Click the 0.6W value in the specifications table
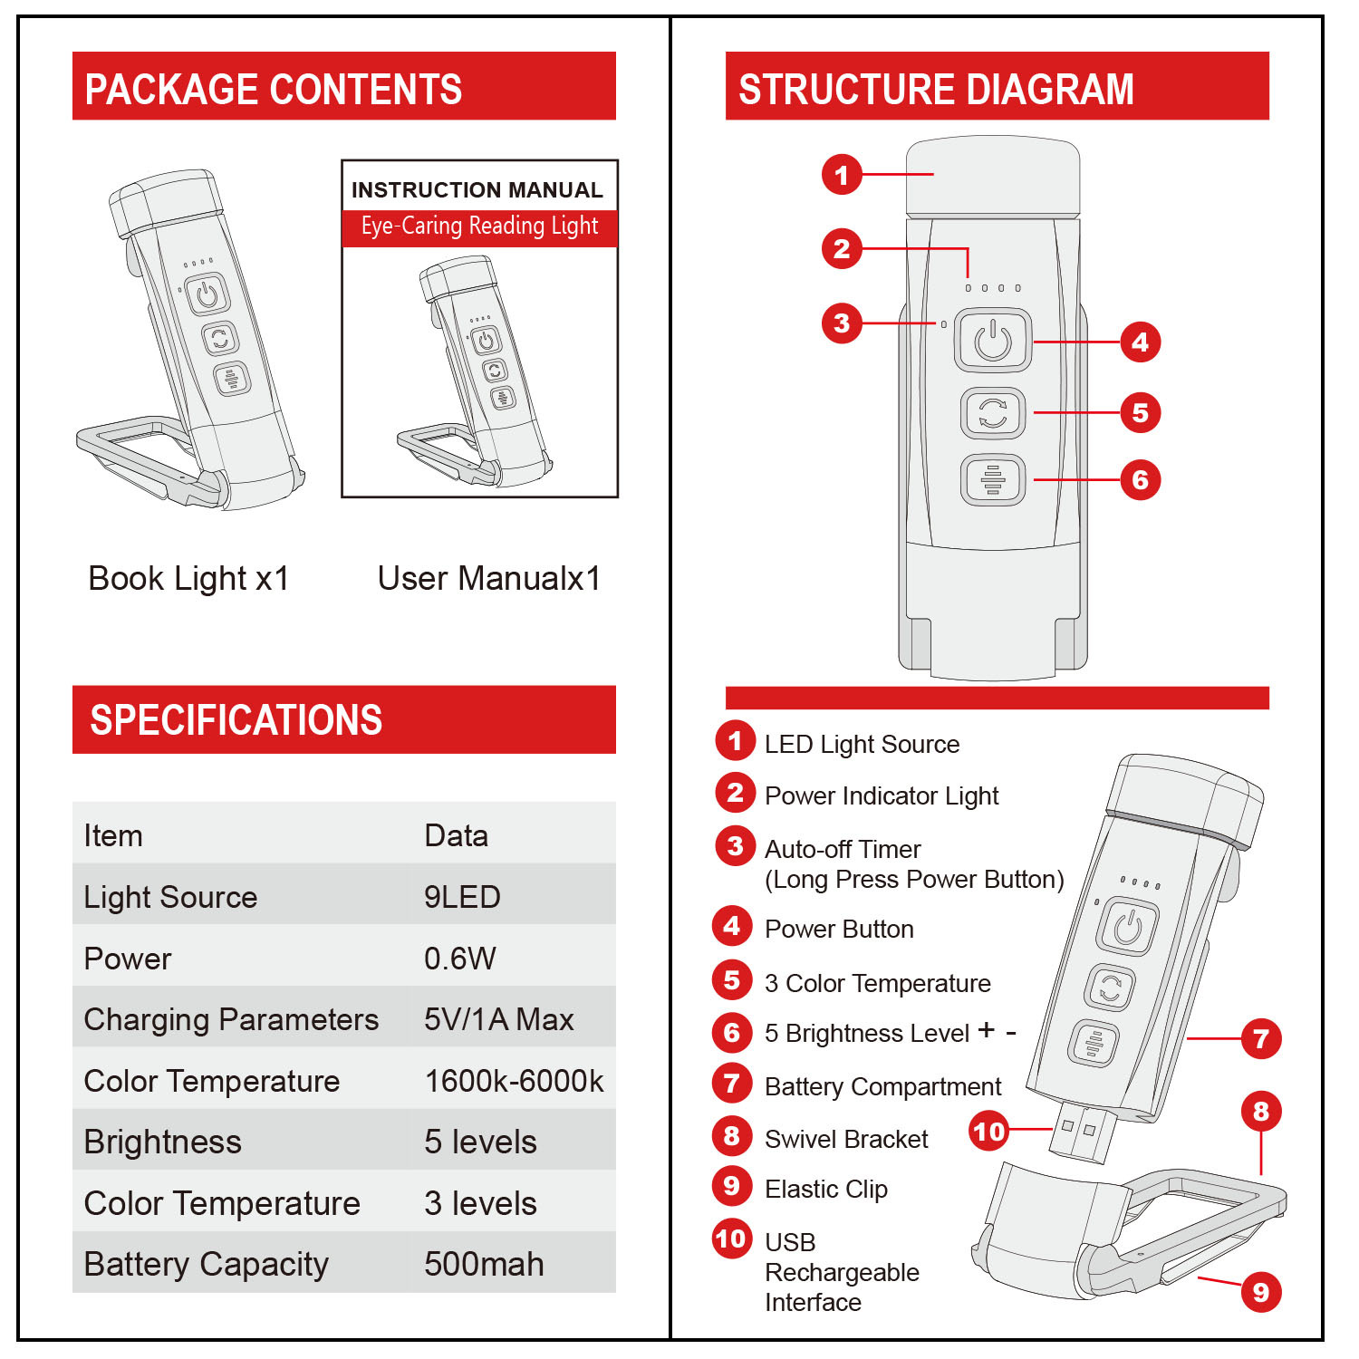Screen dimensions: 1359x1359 point(460,959)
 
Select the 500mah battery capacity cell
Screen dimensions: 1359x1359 point(484,1264)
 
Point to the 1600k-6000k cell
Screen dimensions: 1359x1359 point(514,1081)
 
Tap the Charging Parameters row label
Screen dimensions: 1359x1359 point(231,1019)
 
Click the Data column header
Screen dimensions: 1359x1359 point(456,835)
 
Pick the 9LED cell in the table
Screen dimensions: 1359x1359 point(462,897)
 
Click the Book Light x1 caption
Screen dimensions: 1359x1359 point(188,578)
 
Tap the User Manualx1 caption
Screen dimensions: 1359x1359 point(489,578)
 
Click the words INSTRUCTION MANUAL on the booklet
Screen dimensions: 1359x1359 point(477,190)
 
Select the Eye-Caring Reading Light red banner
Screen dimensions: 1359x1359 point(479,226)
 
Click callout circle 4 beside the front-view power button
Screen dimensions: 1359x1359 point(1140,342)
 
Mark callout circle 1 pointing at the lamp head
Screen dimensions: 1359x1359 point(842,174)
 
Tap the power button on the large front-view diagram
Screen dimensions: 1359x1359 point(993,341)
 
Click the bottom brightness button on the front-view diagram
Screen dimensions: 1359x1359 point(993,479)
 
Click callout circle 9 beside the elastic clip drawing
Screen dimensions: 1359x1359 point(1260,1292)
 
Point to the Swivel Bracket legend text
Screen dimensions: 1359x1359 point(846,1139)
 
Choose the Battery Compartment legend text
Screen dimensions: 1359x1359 point(882,1086)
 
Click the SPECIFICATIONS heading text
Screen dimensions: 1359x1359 point(236,720)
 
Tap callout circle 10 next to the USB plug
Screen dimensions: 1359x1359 point(988,1131)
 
